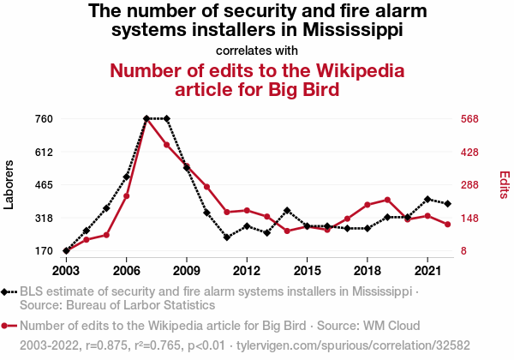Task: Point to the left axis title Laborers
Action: (9, 184)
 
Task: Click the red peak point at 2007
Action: (146, 118)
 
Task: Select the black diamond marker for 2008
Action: (166, 118)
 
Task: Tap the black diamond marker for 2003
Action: (66, 250)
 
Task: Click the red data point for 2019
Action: (387, 200)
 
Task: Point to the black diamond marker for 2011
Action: (227, 237)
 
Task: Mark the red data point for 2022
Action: (447, 225)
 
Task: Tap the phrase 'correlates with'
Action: (257, 50)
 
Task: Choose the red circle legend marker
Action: (7, 326)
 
